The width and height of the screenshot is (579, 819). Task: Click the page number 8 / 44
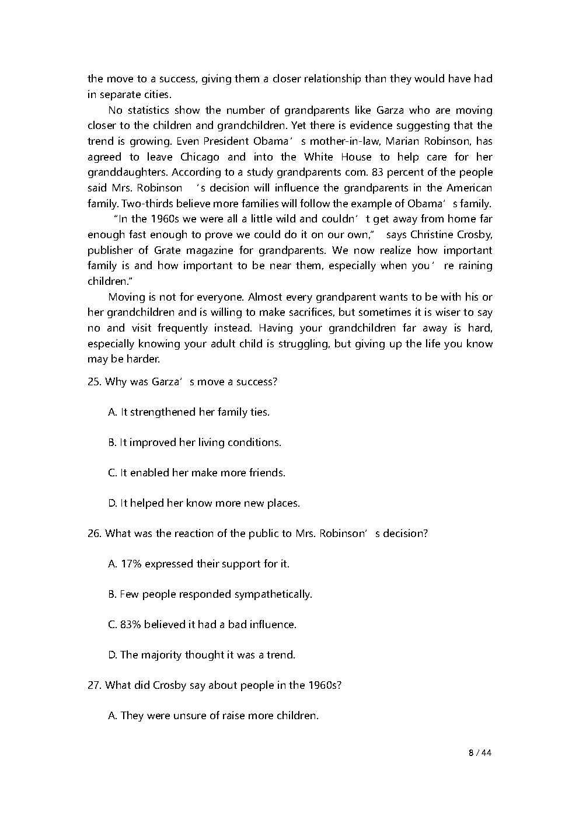point(480,752)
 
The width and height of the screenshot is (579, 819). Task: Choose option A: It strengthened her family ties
point(189,412)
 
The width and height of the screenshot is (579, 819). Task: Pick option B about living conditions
point(194,442)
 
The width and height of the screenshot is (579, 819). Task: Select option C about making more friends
point(197,473)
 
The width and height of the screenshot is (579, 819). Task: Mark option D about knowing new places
point(204,503)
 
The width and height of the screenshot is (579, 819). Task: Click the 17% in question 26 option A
point(131,564)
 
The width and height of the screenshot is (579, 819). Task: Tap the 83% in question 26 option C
point(131,625)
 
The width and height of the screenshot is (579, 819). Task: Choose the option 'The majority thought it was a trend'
point(201,655)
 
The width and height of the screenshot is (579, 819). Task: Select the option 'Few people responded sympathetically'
point(210,594)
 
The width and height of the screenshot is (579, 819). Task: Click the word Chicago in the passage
point(200,157)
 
